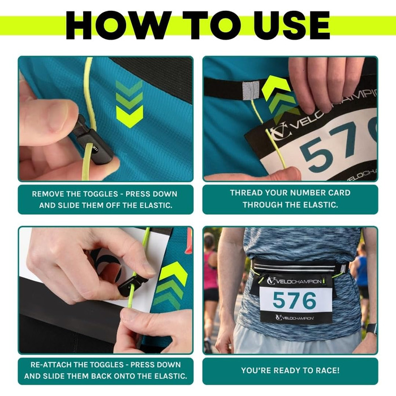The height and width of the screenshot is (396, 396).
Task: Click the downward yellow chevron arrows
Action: tap(130, 104)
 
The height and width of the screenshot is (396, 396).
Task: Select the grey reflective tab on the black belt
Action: tap(251, 90)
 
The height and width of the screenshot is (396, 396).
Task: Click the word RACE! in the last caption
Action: tap(328, 371)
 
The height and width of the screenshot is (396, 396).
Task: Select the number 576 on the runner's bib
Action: tap(295, 300)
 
